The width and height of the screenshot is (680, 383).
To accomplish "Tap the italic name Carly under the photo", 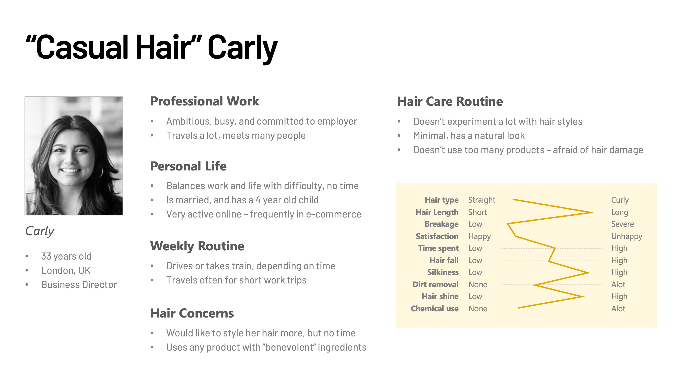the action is click(x=40, y=231).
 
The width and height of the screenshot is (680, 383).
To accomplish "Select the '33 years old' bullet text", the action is click(x=66, y=256).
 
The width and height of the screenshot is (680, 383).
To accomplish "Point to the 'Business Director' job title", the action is click(x=79, y=285).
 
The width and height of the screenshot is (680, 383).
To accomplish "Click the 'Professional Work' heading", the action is click(x=204, y=101).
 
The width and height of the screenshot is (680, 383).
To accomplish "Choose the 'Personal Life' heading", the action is click(x=188, y=166).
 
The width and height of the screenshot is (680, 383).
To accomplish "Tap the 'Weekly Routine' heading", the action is click(x=197, y=246).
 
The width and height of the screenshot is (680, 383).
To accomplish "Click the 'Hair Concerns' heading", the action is click(x=192, y=313).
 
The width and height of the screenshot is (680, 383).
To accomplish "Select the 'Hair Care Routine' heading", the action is click(x=450, y=101).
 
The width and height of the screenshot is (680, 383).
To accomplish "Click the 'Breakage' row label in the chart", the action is click(x=441, y=224).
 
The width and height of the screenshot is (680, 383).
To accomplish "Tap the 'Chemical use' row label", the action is click(x=434, y=309).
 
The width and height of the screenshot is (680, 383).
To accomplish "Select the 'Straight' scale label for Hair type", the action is click(x=482, y=200).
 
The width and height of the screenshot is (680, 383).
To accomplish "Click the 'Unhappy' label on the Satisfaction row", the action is click(x=627, y=237).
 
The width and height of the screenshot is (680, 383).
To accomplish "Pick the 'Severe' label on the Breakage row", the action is click(x=622, y=224).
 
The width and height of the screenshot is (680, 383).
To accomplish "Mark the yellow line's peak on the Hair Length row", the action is click(x=592, y=212).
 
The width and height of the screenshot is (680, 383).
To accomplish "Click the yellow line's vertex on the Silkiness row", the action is click(x=589, y=273).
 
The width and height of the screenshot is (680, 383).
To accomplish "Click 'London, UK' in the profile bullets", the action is click(x=66, y=271).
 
